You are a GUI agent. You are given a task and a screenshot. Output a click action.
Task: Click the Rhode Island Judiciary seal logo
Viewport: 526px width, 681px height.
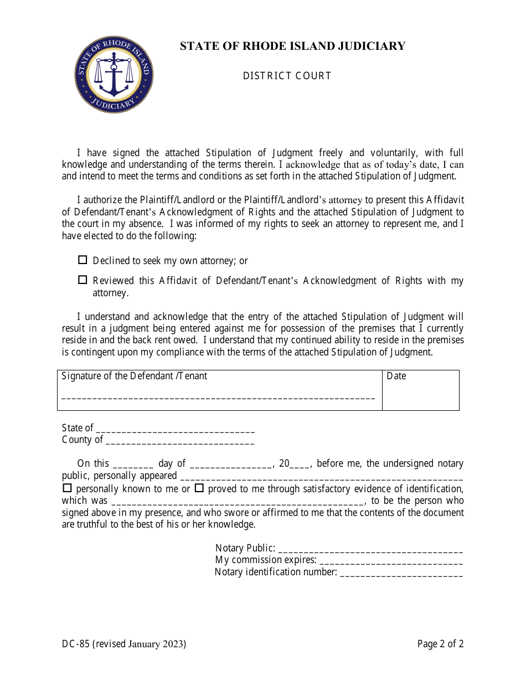tap(114, 74)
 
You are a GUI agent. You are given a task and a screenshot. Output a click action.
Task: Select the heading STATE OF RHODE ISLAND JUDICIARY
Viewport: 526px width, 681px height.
tap(292, 46)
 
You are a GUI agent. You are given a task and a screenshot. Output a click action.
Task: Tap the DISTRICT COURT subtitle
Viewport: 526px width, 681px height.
tap(287, 76)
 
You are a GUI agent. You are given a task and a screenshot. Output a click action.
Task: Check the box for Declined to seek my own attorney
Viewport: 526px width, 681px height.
tap(83, 260)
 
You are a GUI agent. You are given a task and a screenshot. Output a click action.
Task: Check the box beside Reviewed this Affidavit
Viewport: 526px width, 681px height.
tap(83, 280)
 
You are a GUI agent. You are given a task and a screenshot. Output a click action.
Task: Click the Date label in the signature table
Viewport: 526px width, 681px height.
tap(396, 376)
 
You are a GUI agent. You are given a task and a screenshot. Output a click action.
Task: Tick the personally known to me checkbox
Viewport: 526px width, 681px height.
tap(67, 488)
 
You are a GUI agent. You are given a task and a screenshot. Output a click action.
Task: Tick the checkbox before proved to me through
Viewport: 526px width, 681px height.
tap(199, 488)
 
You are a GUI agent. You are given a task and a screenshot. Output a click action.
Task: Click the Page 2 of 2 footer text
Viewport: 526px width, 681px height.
tap(440, 644)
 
